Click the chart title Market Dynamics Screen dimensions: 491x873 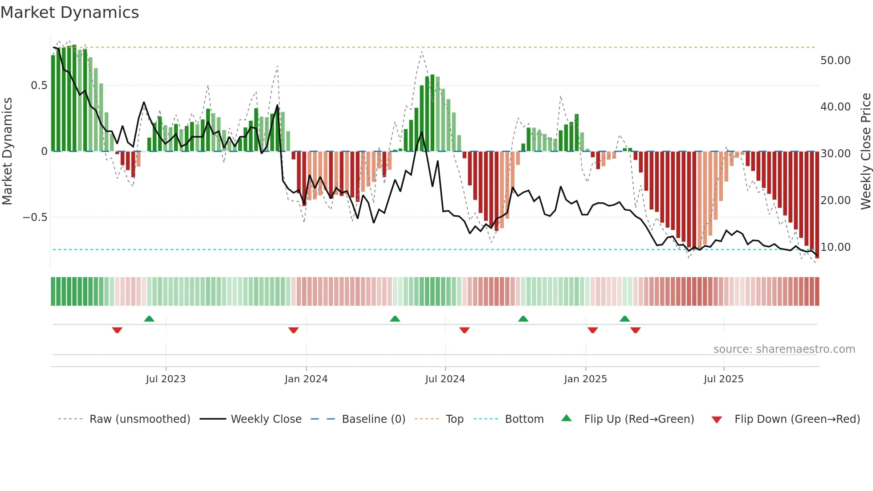[x=69, y=12]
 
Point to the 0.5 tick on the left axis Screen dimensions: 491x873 [x=39, y=86]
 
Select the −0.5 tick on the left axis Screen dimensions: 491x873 [x=35, y=217]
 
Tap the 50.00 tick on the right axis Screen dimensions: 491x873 [x=835, y=61]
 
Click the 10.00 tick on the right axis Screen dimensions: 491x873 [x=835, y=247]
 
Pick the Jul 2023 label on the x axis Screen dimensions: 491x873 [x=165, y=379]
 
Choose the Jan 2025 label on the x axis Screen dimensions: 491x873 [x=585, y=379]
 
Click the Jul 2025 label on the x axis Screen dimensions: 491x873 [x=723, y=379]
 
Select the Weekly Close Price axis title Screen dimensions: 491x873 [x=865, y=151]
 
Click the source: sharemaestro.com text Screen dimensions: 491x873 [x=784, y=349]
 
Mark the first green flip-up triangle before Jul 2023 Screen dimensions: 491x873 [x=149, y=319]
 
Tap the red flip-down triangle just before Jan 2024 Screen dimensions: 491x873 [x=293, y=330]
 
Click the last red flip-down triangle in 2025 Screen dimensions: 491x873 [x=635, y=330]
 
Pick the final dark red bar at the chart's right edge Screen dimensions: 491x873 [x=817, y=205]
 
